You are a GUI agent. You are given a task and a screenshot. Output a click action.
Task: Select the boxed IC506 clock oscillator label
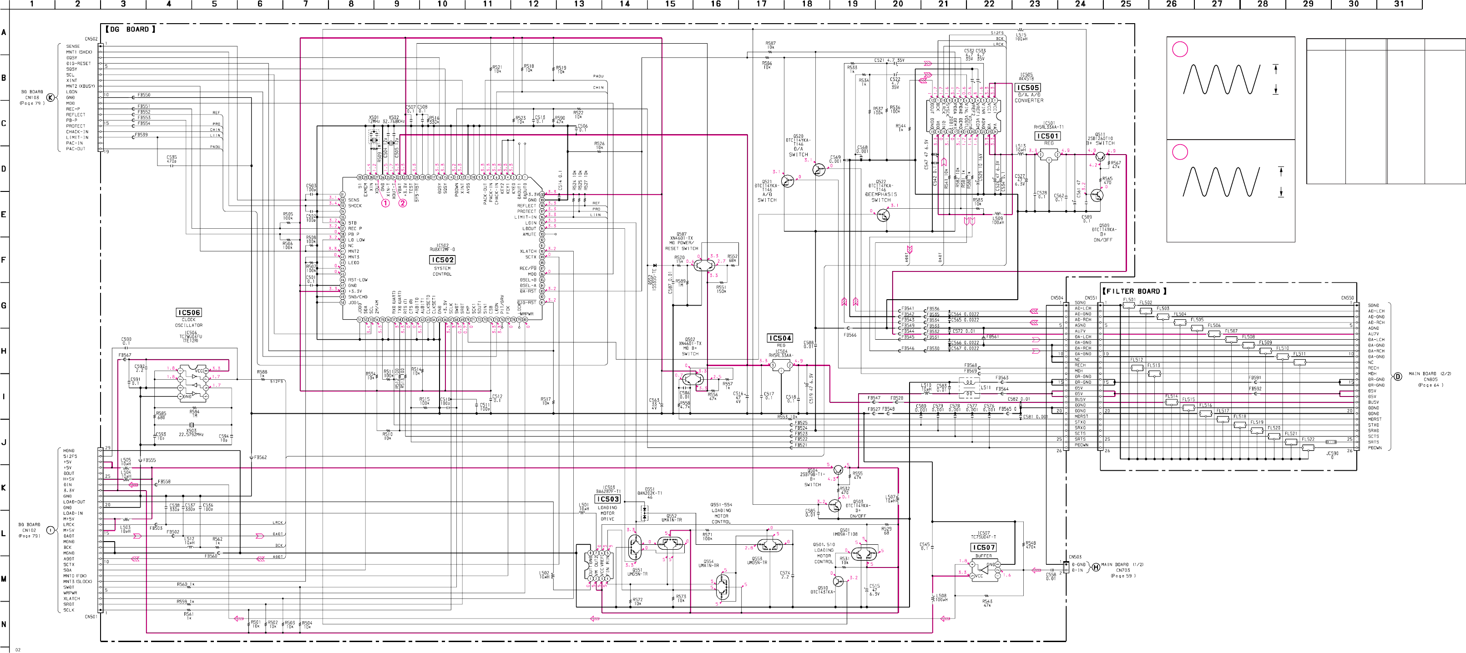click(x=189, y=312)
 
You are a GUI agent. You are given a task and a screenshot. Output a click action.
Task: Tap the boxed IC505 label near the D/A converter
click(x=1028, y=88)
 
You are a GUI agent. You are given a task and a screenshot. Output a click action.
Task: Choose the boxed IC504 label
click(x=780, y=338)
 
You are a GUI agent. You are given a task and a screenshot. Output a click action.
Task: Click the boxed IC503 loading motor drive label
click(x=608, y=499)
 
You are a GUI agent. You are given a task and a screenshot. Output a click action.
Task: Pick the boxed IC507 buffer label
click(x=983, y=547)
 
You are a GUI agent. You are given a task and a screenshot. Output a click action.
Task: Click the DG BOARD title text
click(x=129, y=29)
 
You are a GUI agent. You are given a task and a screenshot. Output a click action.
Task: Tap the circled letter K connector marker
click(x=51, y=97)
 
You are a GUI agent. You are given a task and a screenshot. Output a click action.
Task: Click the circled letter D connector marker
click(x=1397, y=377)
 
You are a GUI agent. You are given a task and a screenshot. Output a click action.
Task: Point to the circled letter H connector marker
click(x=1095, y=567)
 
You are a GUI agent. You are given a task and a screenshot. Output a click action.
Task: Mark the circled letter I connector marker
click(x=51, y=530)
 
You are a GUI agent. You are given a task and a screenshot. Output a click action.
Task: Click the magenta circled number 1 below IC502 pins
click(x=385, y=203)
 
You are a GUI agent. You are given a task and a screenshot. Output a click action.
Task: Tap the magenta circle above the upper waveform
click(x=1180, y=50)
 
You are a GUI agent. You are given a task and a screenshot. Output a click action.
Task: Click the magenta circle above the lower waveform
click(x=1180, y=152)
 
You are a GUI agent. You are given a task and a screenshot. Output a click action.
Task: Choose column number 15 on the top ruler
click(x=670, y=4)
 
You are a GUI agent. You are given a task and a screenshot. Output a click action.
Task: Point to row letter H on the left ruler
click(x=4, y=351)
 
